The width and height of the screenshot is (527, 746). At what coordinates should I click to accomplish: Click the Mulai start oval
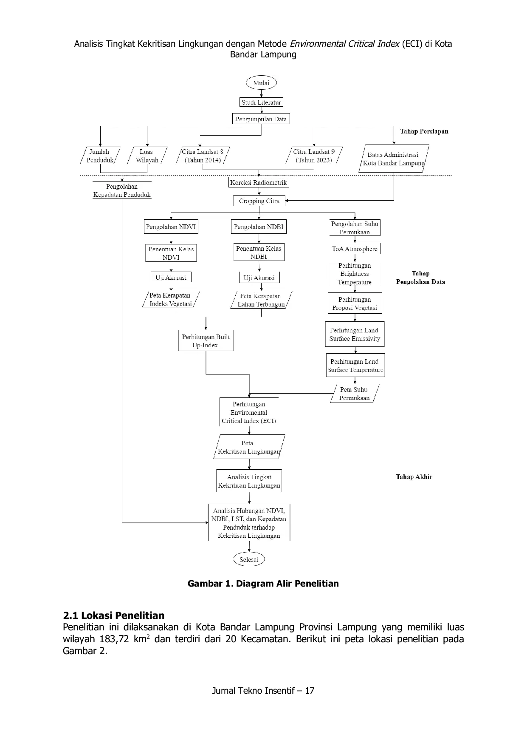point(261,83)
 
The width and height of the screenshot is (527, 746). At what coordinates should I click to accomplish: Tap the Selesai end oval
point(249,559)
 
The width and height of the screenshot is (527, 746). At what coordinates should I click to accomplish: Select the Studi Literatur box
point(261,102)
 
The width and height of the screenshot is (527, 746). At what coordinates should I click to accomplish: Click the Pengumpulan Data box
point(261,119)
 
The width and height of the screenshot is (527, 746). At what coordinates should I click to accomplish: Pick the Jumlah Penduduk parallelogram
point(100,156)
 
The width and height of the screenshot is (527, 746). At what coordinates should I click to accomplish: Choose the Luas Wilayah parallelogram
point(147,156)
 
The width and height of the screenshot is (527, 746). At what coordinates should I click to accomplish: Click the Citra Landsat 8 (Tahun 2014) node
point(203,156)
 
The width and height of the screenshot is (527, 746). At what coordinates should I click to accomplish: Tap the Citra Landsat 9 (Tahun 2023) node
point(314,156)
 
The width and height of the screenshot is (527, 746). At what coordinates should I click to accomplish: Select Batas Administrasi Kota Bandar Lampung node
point(394,159)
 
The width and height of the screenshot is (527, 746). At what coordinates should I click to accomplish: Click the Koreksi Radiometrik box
point(259,183)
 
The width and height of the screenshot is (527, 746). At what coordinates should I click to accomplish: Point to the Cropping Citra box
point(259,201)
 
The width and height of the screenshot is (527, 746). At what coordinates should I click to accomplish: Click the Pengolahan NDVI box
point(171,227)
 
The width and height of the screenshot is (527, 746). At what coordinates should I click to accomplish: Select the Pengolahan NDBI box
point(259,227)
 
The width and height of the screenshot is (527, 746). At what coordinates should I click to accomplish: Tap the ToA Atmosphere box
point(355,249)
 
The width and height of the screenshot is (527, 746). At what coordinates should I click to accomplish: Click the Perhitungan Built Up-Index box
point(206,341)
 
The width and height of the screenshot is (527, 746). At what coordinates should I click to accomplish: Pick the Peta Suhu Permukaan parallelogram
point(355,394)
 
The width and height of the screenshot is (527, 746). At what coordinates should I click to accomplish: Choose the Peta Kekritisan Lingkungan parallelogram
point(249,447)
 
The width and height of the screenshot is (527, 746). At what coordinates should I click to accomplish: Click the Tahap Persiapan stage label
point(424,131)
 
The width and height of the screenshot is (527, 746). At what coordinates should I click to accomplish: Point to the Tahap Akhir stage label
point(414,477)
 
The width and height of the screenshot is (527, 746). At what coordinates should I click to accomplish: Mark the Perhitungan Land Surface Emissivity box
point(355,335)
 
